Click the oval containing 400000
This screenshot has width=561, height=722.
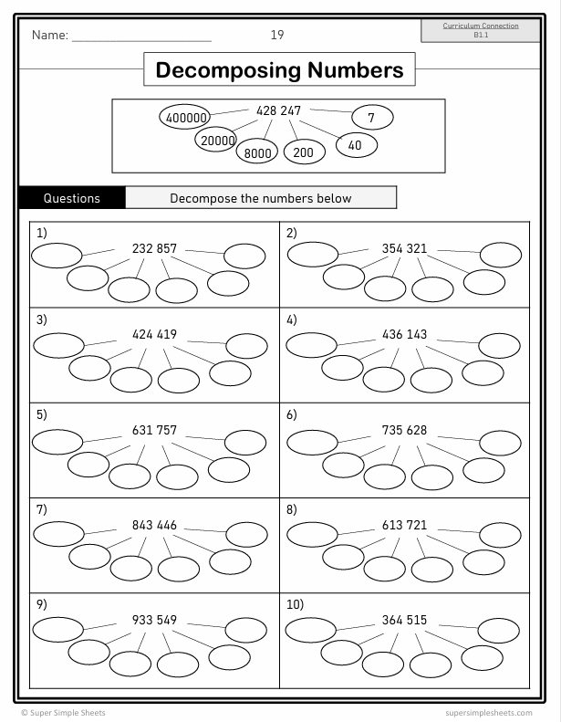click(186, 117)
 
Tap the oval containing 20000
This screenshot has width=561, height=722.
click(217, 140)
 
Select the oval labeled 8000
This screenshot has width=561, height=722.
click(258, 152)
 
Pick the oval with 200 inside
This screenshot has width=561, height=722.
click(304, 152)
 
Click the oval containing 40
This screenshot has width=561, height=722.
click(356, 144)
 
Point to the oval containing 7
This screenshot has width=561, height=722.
click(371, 117)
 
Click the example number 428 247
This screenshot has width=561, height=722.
click(278, 110)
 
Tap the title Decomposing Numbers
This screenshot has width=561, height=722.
click(279, 70)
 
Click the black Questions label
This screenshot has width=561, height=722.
click(72, 198)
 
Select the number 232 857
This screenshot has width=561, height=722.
click(154, 248)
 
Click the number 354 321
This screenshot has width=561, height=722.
click(404, 248)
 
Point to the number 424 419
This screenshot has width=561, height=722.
click(154, 334)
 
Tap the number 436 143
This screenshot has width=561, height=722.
click(404, 334)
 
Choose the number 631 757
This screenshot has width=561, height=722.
click(154, 430)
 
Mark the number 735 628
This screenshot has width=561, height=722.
click(404, 430)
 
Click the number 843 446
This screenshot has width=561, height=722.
click(154, 526)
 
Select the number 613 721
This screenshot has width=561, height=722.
click(404, 526)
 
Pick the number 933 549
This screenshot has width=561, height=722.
click(154, 621)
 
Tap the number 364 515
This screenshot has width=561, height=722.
click(404, 621)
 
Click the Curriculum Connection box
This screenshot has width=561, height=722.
click(481, 30)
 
